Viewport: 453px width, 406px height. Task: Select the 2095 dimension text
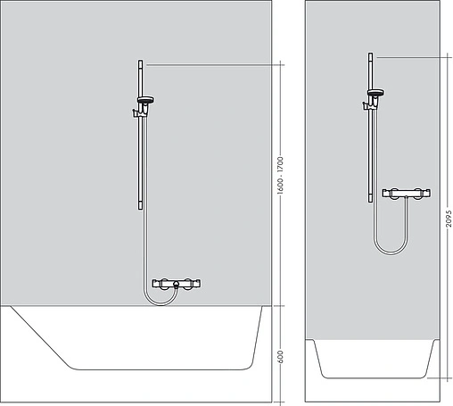[449, 218]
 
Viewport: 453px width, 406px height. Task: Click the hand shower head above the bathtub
[146, 98]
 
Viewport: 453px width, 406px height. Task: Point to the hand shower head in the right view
[377, 92]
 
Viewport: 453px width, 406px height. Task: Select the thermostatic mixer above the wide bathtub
[177, 284]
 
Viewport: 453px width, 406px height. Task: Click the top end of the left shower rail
[140, 62]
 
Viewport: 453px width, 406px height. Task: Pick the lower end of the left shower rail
[140, 207]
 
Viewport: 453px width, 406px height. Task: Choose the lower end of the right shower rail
[371, 202]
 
